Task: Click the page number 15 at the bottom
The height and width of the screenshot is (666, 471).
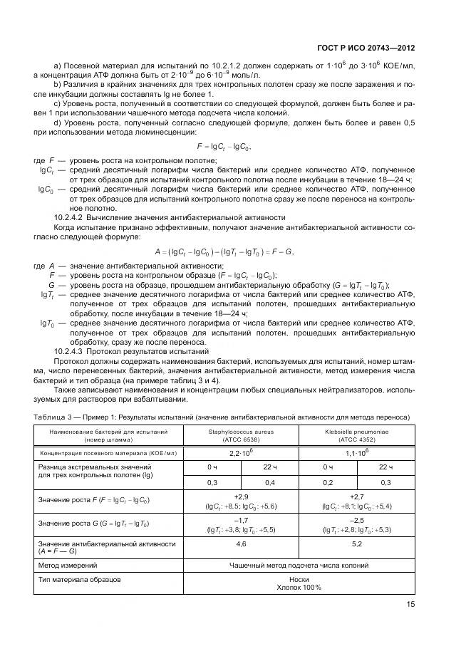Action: [x=410, y=604]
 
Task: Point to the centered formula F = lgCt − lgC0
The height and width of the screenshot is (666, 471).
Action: [x=223, y=146]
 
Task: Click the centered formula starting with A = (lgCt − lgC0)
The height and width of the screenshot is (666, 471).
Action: [x=224, y=252]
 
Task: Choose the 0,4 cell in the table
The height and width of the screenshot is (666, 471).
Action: [x=270, y=482]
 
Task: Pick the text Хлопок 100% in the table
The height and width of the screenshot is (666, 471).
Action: [x=299, y=588]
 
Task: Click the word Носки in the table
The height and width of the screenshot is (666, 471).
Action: [x=299, y=579]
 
